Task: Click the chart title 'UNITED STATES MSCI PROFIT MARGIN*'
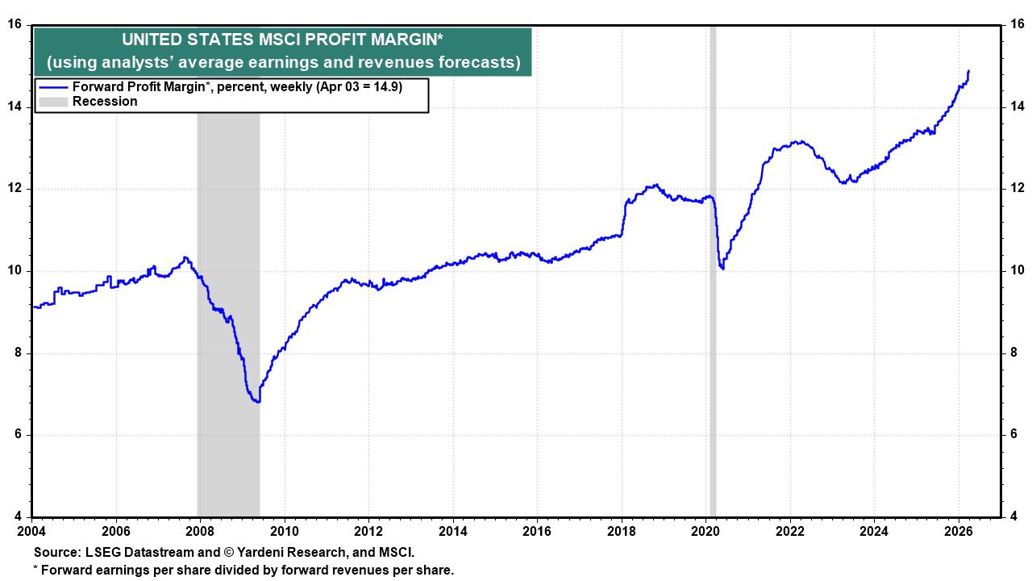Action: coord(282,40)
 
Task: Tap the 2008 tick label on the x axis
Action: coord(200,531)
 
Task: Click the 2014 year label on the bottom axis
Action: coord(452,531)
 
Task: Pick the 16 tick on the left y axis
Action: coord(14,24)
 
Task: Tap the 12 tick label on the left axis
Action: coord(14,189)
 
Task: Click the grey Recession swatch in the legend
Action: coord(53,102)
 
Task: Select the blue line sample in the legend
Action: coord(53,87)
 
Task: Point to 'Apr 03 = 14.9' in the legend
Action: coord(358,87)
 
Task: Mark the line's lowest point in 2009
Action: coord(257,402)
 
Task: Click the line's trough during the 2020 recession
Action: coord(722,269)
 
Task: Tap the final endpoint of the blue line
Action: coord(967,71)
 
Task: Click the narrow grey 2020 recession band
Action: coord(712,323)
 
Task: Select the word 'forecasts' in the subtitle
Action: coord(477,62)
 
